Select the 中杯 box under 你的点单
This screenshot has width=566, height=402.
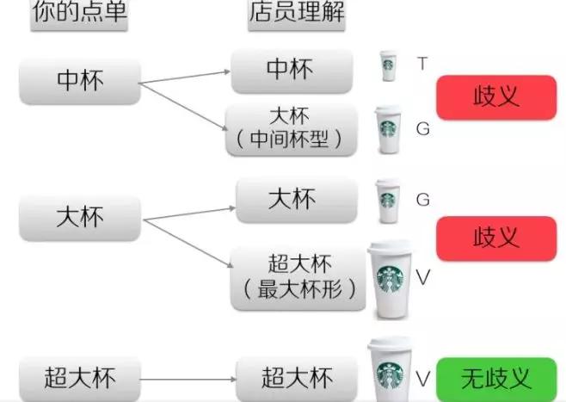[x=80, y=82]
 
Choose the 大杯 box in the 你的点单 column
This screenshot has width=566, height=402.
[x=80, y=218]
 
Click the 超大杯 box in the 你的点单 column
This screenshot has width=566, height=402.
[x=80, y=379]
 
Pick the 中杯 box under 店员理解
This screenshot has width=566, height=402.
[x=292, y=71]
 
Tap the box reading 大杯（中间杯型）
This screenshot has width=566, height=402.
[x=292, y=130]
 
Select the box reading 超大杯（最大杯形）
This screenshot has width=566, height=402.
[x=298, y=279]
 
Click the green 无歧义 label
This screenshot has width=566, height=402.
[x=496, y=379]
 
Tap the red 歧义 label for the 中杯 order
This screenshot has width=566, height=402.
[x=496, y=97]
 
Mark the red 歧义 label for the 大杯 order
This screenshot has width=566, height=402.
[x=496, y=238]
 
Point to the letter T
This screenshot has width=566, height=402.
[x=422, y=64]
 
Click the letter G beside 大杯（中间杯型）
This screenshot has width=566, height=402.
[x=422, y=129]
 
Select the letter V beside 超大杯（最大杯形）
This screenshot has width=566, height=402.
[x=422, y=277]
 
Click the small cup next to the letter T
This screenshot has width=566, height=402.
[x=389, y=65]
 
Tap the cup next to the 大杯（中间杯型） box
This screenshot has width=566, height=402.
[x=389, y=130]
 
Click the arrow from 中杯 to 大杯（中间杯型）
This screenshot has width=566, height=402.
[x=184, y=106]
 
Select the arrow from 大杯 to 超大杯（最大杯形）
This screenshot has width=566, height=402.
[x=188, y=244]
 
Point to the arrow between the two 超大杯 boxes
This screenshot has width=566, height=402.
[x=188, y=380]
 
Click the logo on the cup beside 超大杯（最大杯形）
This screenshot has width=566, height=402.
[x=390, y=279]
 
